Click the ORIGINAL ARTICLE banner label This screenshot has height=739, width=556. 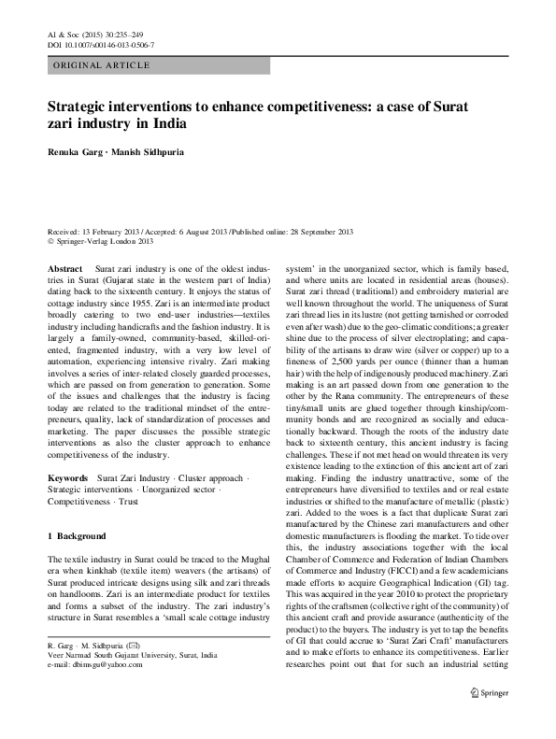click(x=91, y=67)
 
